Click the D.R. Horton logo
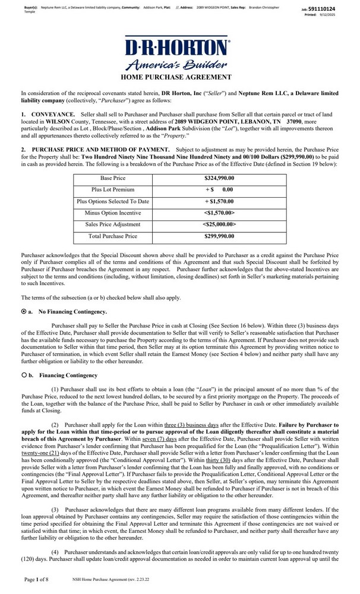point(176,55)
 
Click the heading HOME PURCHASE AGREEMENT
point(176,77)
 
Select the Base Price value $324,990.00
point(219,178)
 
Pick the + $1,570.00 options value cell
point(219,201)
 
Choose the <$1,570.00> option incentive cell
point(219,213)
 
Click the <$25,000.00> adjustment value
point(219,225)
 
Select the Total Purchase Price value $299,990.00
point(219,236)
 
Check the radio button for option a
point(24,311)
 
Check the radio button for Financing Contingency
point(24,375)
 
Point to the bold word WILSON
point(57,120)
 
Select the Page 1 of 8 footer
point(37,579)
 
